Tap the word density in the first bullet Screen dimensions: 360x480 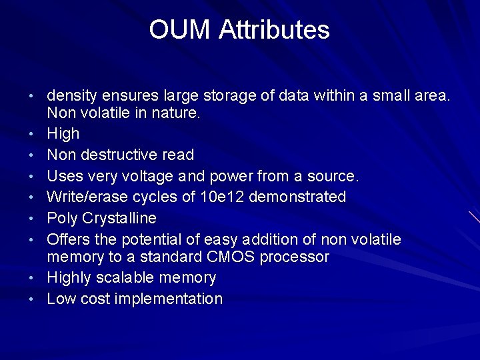tap(73, 95)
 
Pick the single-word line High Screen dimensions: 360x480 tap(63, 133)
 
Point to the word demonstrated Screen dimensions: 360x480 tap(309, 197)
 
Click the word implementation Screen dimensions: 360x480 tap(169, 299)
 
